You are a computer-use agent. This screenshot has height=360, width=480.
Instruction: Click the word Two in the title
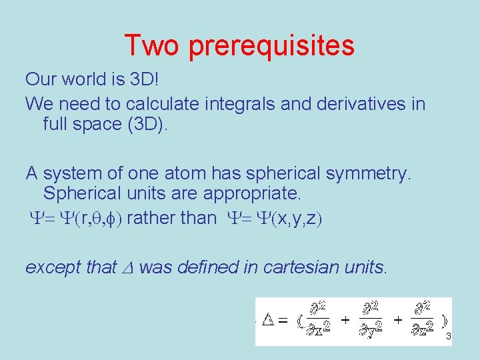coord(152,45)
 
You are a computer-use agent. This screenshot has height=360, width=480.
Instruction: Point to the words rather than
coord(171,217)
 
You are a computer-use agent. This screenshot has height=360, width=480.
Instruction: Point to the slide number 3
coord(449,337)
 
